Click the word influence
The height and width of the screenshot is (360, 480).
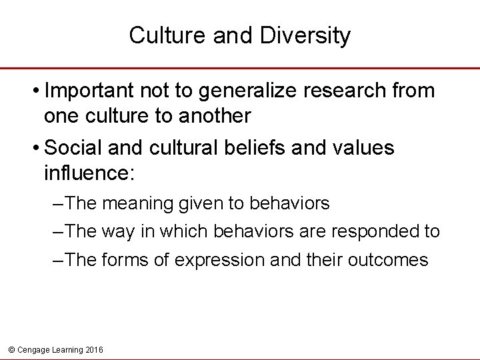[x=87, y=174]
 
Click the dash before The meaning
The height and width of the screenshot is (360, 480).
[x=59, y=202]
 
